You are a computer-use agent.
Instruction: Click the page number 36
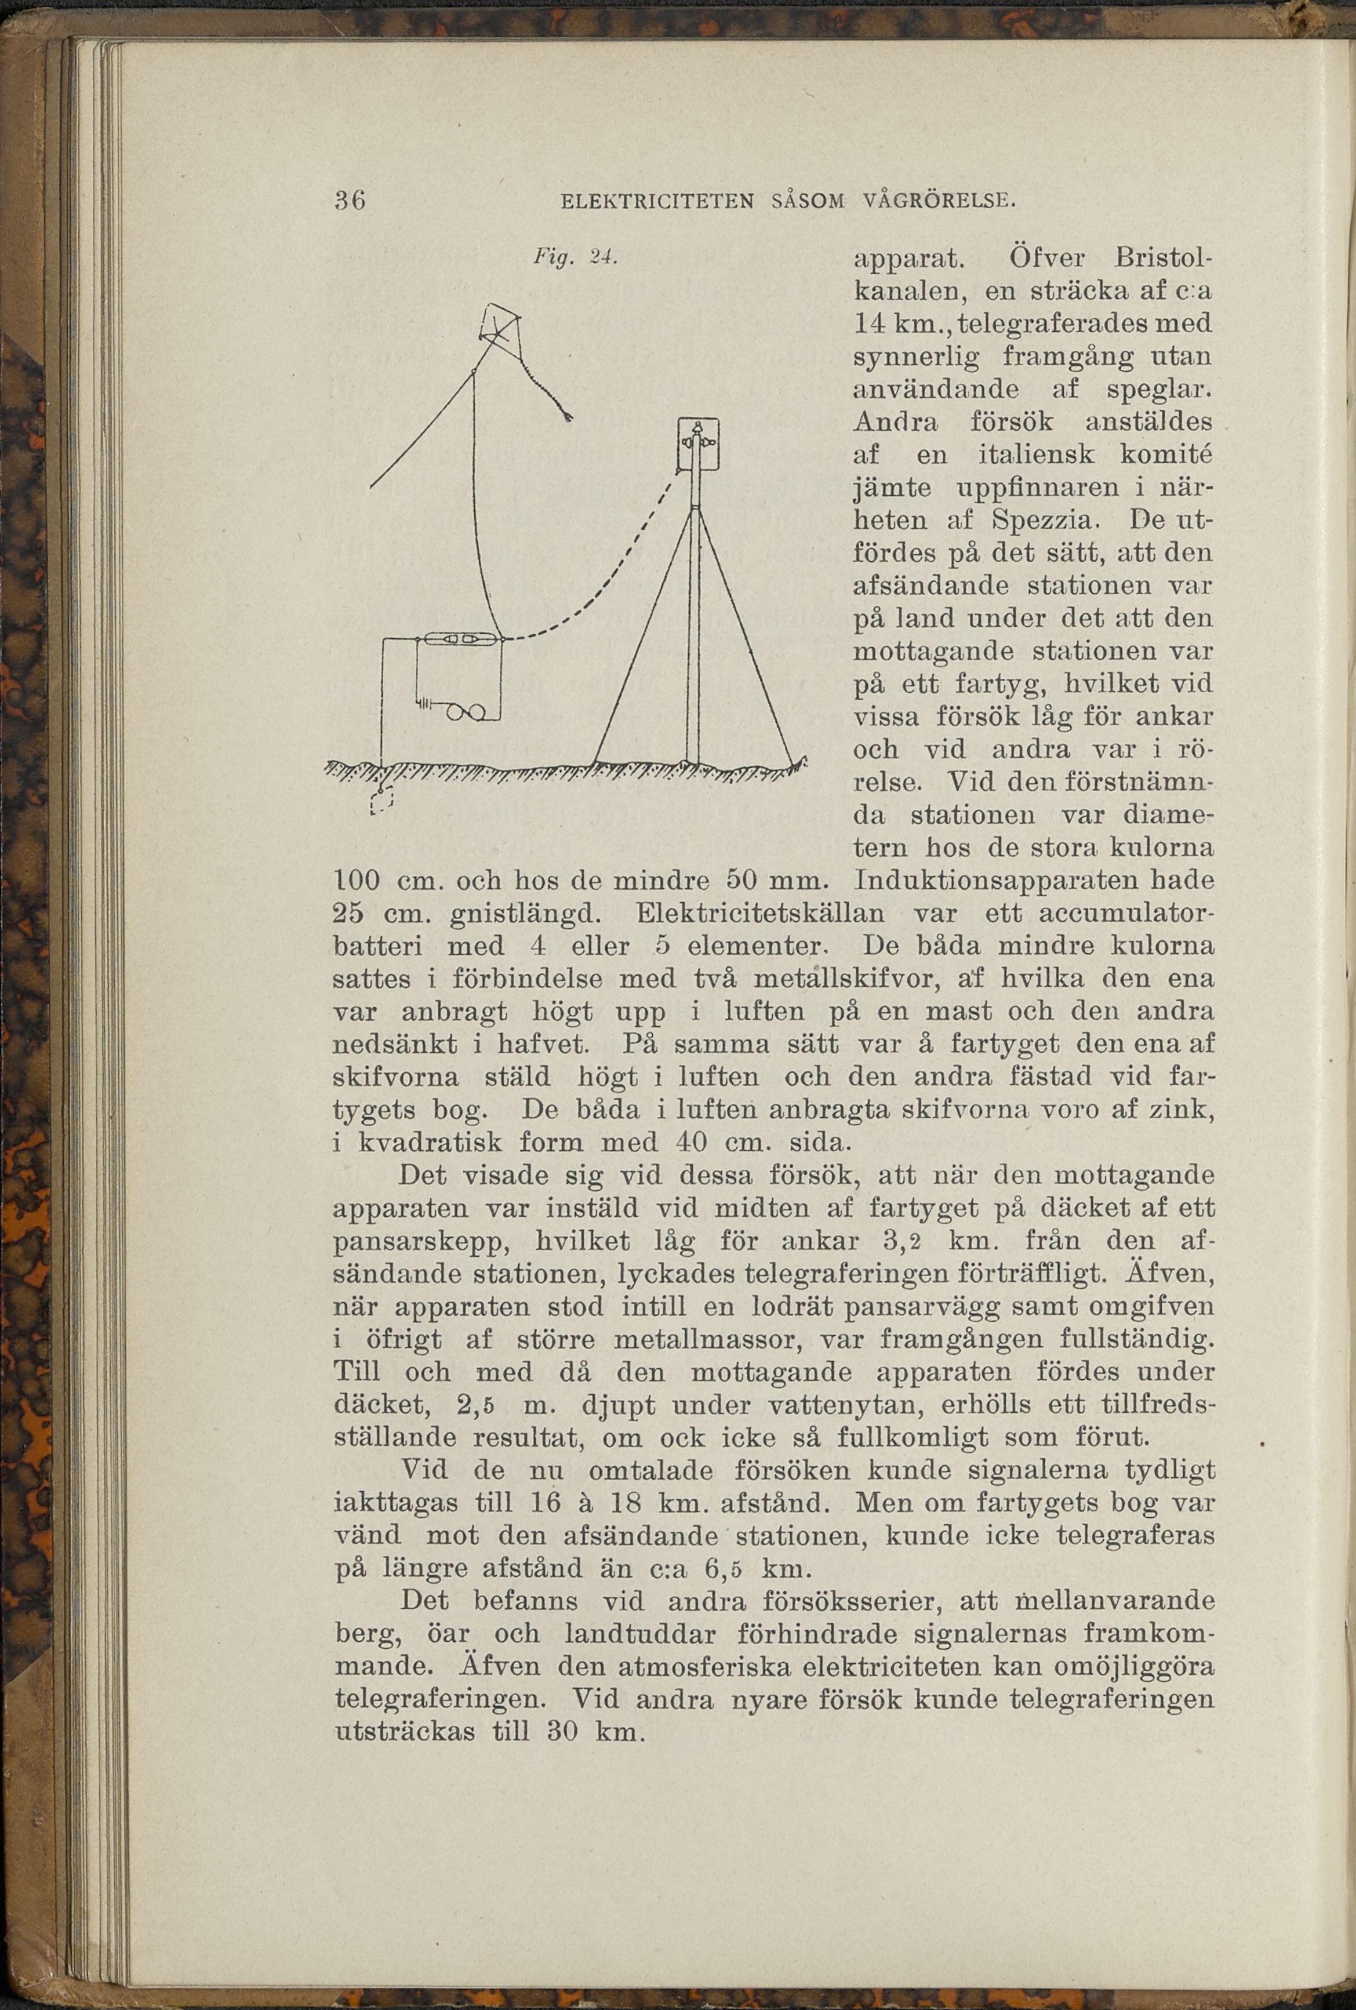coord(350,201)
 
